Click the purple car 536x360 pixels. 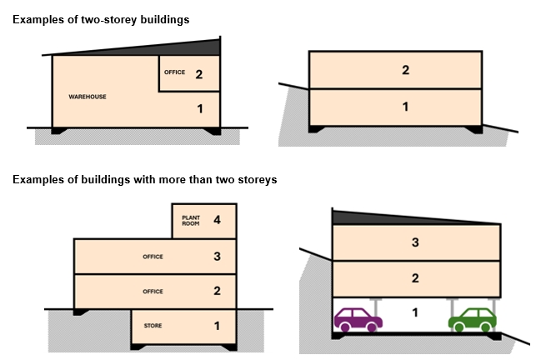tap(358, 318)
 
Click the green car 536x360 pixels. tap(472, 319)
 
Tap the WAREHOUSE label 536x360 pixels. tap(87, 97)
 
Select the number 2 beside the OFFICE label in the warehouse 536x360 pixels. tap(199, 74)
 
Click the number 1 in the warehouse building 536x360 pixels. tap(199, 108)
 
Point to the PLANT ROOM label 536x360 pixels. tap(192, 220)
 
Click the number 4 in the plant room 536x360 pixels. tap(217, 221)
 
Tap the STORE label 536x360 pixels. tap(153, 326)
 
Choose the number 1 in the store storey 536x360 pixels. tap(217, 326)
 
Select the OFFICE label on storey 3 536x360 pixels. tap(153, 257)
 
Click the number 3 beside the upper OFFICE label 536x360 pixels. tap(217, 257)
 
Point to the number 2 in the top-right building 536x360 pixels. tap(405, 71)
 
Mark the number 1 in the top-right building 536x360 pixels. tap(405, 107)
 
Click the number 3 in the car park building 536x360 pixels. tap(414, 242)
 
